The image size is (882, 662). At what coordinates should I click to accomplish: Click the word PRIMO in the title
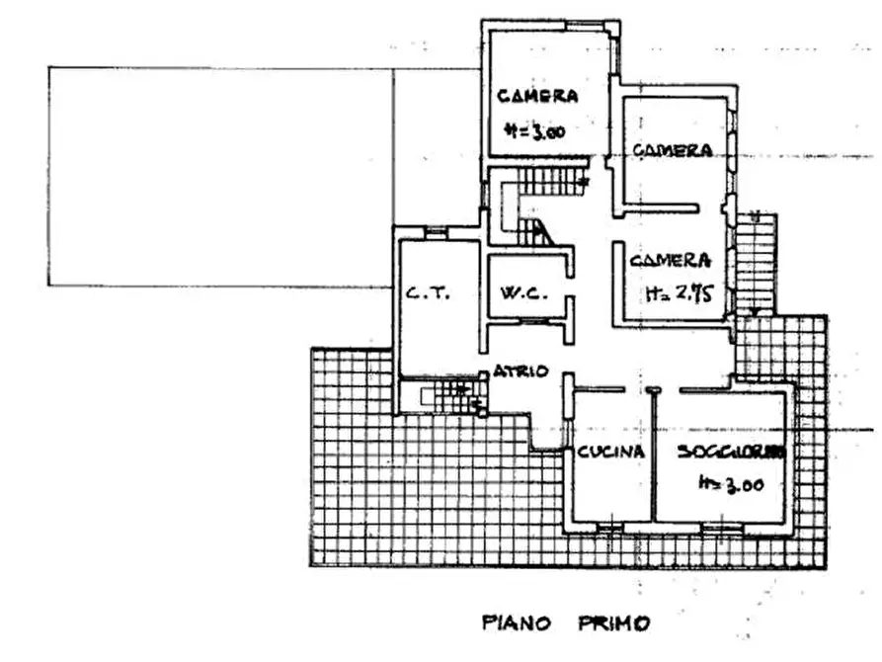tap(609, 623)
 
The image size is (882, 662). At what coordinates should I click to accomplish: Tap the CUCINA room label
tap(610, 452)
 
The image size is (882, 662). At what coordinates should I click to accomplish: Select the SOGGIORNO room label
tap(731, 452)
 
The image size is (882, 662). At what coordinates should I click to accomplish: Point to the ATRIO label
tap(521, 371)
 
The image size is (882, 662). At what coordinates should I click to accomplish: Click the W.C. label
tap(518, 292)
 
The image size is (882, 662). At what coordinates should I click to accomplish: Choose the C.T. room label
tap(428, 293)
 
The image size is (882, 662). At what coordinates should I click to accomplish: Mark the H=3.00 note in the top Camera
tap(532, 129)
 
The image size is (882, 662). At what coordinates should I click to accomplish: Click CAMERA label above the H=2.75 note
tap(671, 261)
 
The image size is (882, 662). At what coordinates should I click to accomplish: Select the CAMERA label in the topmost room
tap(537, 96)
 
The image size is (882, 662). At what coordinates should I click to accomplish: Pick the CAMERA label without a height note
tap(673, 150)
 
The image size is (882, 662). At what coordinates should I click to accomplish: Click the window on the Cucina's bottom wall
tap(609, 530)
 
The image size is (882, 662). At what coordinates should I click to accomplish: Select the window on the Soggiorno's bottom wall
tap(721, 530)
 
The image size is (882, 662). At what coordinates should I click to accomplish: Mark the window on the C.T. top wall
tap(436, 232)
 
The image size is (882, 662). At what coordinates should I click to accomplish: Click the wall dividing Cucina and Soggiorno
tap(654, 455)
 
